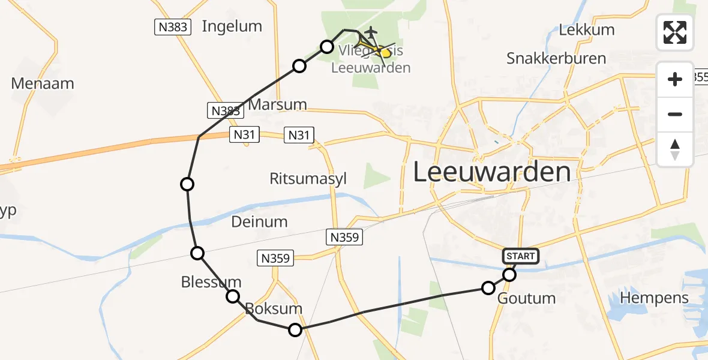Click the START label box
click(x=521, y=256)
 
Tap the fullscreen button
click(x=675, y=32)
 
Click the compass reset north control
click(x=675, y=149)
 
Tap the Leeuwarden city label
click(x=491, y=172)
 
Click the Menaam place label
click(x=43, y=83)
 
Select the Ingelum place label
click(x=232, y=26)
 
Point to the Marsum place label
click(x=277, y=104)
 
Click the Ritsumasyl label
click(x=308, y=179)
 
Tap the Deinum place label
click(x=259, y=222)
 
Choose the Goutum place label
click(x=527, y=298)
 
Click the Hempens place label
click(x=654, y=297)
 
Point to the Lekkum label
click(x=586, y=29)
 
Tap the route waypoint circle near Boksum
click(x=295, y=329)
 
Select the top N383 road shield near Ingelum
click(x=173, y=27)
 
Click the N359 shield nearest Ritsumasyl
click(x=344, y=238)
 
